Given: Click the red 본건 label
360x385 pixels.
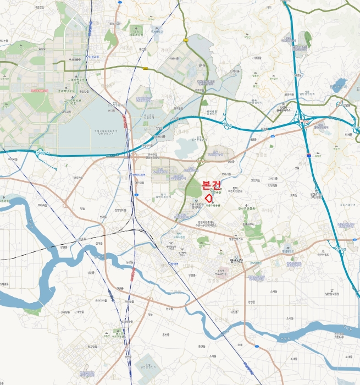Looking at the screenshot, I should [212, 185].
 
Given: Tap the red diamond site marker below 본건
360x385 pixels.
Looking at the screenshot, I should [208, 197].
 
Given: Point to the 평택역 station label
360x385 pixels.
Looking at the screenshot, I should [173, 264].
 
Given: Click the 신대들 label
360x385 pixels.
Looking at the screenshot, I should [99, 243].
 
